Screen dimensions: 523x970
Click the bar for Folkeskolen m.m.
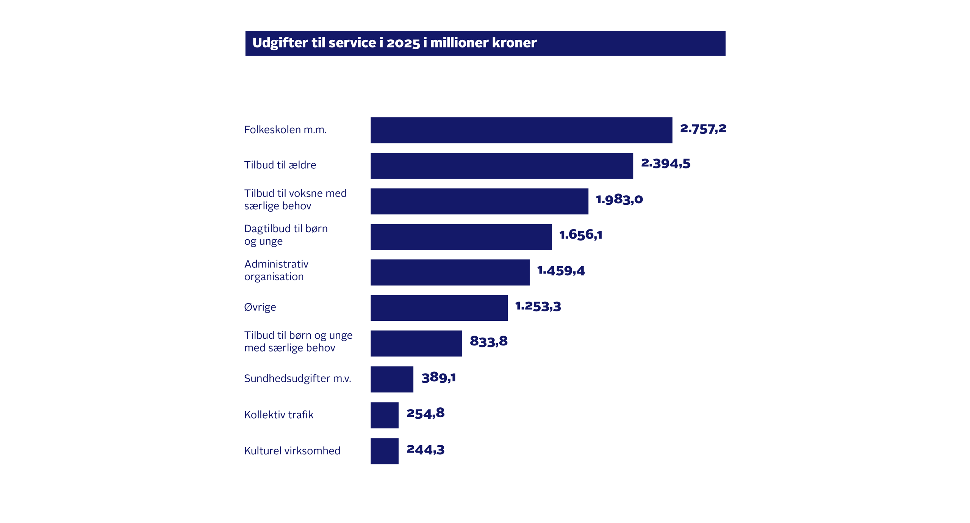(x=521, y=130)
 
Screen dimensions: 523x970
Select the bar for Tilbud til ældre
(x=501, y=166)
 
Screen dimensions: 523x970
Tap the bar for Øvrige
(x=439, y=308)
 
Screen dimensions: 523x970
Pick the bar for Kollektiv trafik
(x=384, y=415)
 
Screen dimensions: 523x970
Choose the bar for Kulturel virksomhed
(x=384, y=451)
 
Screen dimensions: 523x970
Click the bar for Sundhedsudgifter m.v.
(x=391, y=379)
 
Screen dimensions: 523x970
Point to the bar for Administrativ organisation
(x=450, y=272)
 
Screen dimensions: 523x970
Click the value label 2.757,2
(x=703, y=129)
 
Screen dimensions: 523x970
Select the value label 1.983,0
(x=619, y=199)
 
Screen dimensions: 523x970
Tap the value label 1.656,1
(x=580, y=235)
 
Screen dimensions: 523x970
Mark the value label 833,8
(x=488, y=341)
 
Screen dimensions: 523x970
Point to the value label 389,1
(x=438, y=377)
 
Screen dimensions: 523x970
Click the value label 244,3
(x=425, y=450)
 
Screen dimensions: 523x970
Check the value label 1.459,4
(x=561, y=271)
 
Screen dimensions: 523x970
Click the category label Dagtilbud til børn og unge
(x=286, y=235)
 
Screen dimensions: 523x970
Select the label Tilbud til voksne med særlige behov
(x=295, y=199)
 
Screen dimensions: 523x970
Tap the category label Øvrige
(x=260, y=307)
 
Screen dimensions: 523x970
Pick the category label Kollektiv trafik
(x=278, y=415)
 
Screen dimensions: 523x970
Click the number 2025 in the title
(x=403, y=43)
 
